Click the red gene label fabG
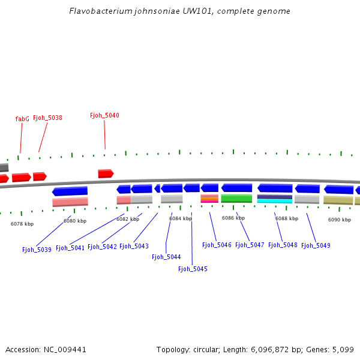[x=22, y=119]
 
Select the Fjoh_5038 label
[x=47, y=118]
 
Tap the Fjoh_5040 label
[x=104, y=115]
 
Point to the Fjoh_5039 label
[x=37, y=250]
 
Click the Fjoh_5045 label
[x=193, y=269]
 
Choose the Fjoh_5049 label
[x=316, y=245]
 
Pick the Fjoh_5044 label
[x=166, y=257]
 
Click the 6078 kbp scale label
[x=22, y=224]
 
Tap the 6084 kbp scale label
[x=180, y=218]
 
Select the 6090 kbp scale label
[x=339, y=220]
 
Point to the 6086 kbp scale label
[x=233, y=218]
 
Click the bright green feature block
[x=236, y=198]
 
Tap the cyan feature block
[x=275, y=201]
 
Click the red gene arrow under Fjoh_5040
[x=106, y=173]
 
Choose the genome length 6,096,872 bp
[x=280, y=349]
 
